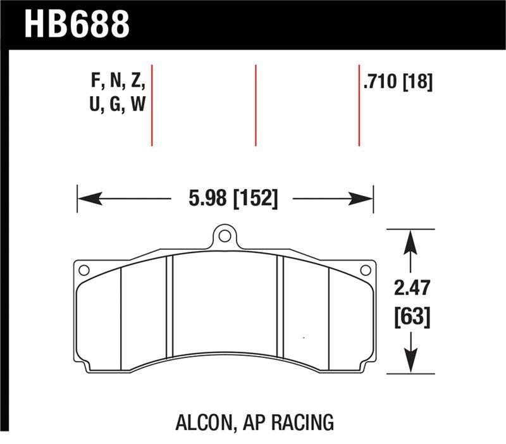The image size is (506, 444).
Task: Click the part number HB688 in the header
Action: pyautogui.click(x=76, y=23)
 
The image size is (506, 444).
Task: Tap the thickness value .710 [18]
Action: pyautogui.click(x=398, y=82)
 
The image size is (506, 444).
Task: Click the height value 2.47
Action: pyautogui.click(x=412, y=289)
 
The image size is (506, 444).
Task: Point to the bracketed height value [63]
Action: pyautogui.click(x=412, y=316)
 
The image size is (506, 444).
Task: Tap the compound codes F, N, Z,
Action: pyautogui.click(x=119, y=82)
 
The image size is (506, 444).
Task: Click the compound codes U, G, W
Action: pyautogui.click(x=118, y=105)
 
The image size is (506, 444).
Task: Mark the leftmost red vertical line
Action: pyautogui.click(x=152, y=104)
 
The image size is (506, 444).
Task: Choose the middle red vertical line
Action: pyautogui.click(x=256, y=104)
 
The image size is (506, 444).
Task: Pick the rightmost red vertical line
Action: pyautogui.click(x=359, y=104)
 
